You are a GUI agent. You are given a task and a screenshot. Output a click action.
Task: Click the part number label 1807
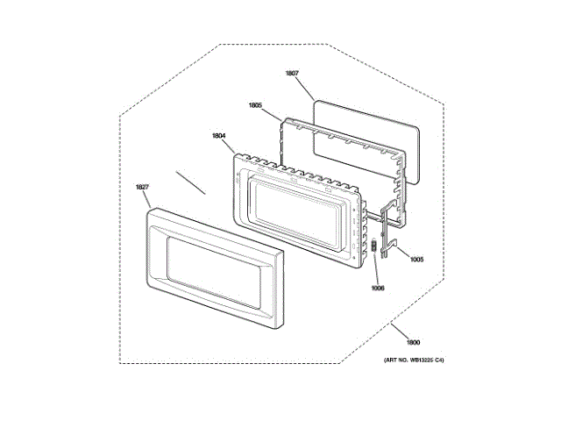(x=292, y=74)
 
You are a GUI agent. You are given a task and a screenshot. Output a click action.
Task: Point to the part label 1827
(x=142, y=187)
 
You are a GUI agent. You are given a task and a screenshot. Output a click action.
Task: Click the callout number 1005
(x=416, y=259)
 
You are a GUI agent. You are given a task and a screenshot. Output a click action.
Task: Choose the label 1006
(x=378, y=287)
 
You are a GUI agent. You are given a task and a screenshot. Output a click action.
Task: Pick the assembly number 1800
(x=413, y=342)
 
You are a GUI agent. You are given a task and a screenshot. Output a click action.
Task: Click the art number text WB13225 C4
(x=413, y=360)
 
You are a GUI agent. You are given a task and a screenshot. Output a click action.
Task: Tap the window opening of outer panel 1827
(x=210, y=272)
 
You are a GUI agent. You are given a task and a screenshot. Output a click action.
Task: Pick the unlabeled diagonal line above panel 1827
(x=190, y=182)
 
